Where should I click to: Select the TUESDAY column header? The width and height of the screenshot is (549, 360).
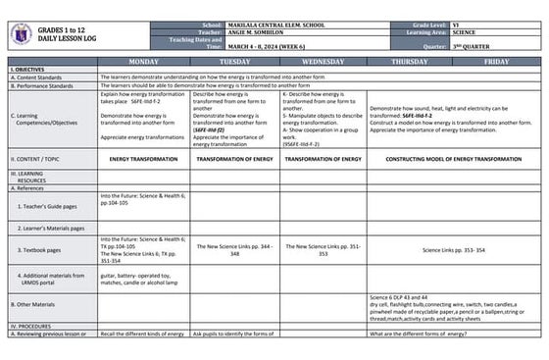tap(233, 61)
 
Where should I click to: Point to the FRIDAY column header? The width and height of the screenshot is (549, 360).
tap(496, 61)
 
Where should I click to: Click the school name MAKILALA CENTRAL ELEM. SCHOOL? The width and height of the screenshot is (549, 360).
tap(278, 25)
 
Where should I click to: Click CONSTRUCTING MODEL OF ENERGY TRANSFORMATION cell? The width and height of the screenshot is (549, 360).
tap(453, 158)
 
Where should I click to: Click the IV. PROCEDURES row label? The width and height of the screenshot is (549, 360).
tap(31, 325)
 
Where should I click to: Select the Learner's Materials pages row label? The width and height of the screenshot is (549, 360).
tap(51, 228)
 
